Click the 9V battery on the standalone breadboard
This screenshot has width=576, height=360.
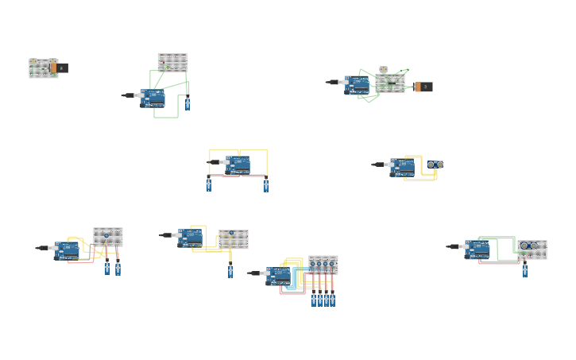point(59,68)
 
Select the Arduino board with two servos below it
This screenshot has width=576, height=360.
point(237,165)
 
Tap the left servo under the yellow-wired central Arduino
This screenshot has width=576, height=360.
point(209,184)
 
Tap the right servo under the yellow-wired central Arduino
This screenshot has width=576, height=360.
point(266,185)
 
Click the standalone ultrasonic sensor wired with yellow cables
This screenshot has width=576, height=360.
point(435,165)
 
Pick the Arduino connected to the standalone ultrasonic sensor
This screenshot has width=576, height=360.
point(402,167)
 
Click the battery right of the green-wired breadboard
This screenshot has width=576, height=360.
point(423,87)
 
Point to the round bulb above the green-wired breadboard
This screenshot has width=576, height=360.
point(384,70)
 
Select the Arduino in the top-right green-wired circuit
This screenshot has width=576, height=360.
point(357,85)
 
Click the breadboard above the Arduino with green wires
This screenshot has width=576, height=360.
point(172,62)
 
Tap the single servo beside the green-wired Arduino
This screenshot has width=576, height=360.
point(187,103)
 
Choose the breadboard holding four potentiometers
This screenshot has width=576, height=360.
point(323,264)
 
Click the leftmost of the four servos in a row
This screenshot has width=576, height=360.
point(314,300)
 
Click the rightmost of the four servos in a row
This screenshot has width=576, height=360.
point(333,300)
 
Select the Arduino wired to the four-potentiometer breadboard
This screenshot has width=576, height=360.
point(278,276)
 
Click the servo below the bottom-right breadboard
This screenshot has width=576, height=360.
point(524,270)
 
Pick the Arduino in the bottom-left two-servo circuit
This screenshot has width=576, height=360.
point(66,250)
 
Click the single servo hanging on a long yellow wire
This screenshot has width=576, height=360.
point(230,271)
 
